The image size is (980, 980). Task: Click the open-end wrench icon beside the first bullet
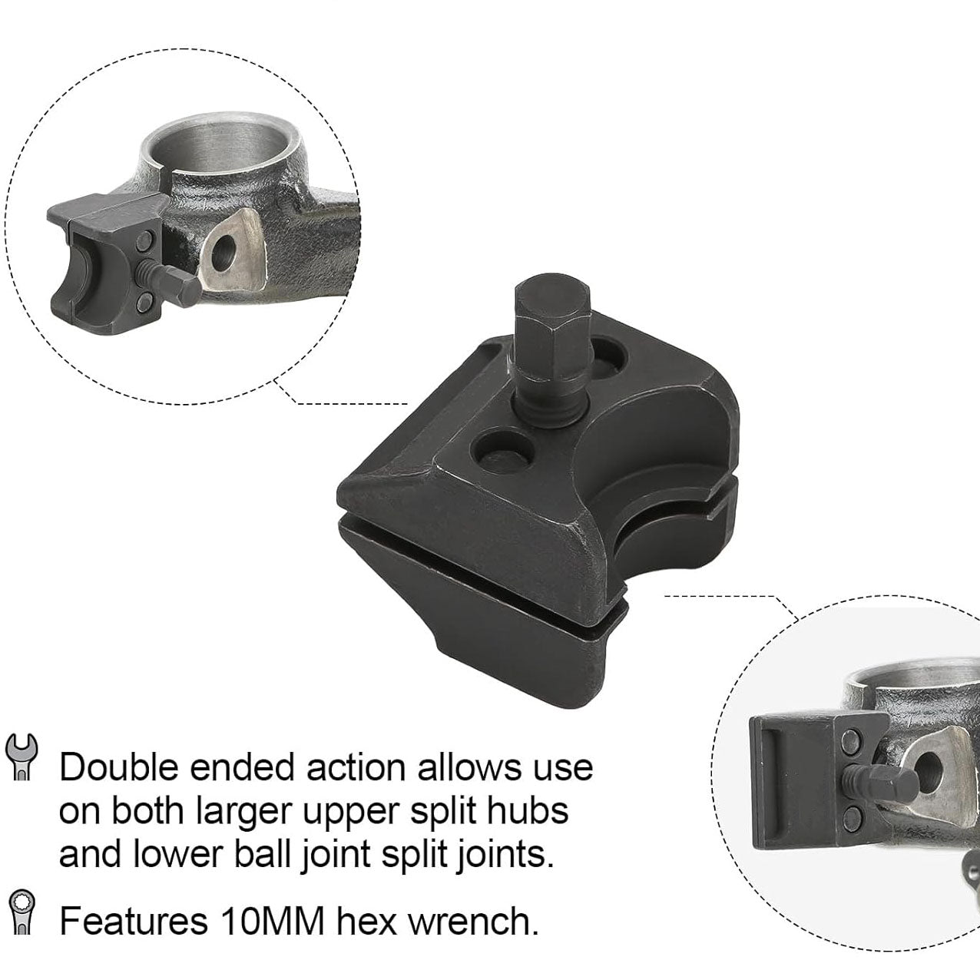(x=22, y=756)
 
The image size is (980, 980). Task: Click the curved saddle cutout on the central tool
(x=653, y=445)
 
